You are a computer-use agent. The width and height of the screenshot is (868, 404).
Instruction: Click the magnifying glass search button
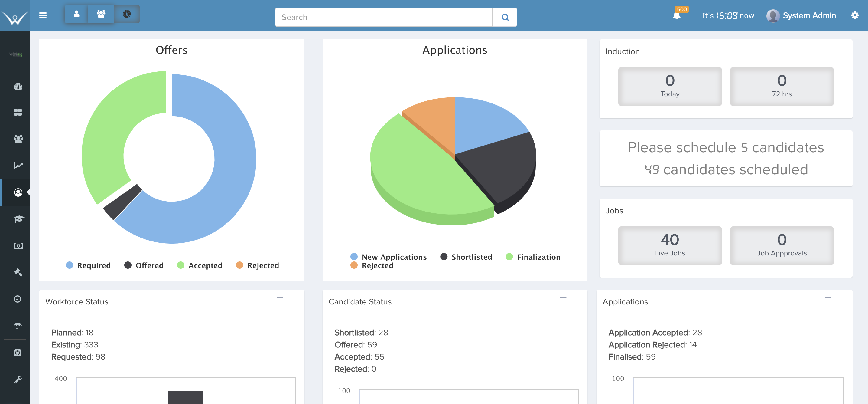click(x=505, y=17)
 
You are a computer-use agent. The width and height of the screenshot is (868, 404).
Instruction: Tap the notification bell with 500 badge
click(x=676, y=15)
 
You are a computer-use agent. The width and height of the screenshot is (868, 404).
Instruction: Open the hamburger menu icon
click(x=43, y=15)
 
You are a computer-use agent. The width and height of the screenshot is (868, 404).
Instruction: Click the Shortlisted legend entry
click(x=466, y=257)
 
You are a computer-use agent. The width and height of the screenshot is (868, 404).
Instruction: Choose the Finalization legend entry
click(x=533, y=257)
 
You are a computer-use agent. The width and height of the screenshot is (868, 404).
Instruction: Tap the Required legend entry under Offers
click(x=88, y=265)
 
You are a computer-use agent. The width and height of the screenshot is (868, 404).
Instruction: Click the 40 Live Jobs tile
click(x=670, y=245)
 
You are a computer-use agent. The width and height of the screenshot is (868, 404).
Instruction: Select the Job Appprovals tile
click(x=782, y=245)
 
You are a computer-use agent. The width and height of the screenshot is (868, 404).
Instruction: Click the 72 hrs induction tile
click(x=782, y=86)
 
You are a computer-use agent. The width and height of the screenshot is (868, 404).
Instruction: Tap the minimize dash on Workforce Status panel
click(x=280, y=297)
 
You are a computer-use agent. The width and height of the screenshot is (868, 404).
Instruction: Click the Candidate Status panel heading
click(x=360, y=301)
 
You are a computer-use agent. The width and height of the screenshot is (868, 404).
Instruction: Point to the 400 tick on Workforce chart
click(x=61, y=379)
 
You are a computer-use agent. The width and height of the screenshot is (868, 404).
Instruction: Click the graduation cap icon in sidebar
click(x=18, y=219)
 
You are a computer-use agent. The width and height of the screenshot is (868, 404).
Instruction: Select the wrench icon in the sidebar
click(x=18, y=380)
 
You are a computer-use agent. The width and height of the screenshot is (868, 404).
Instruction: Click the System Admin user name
click(x=809, y=15)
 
